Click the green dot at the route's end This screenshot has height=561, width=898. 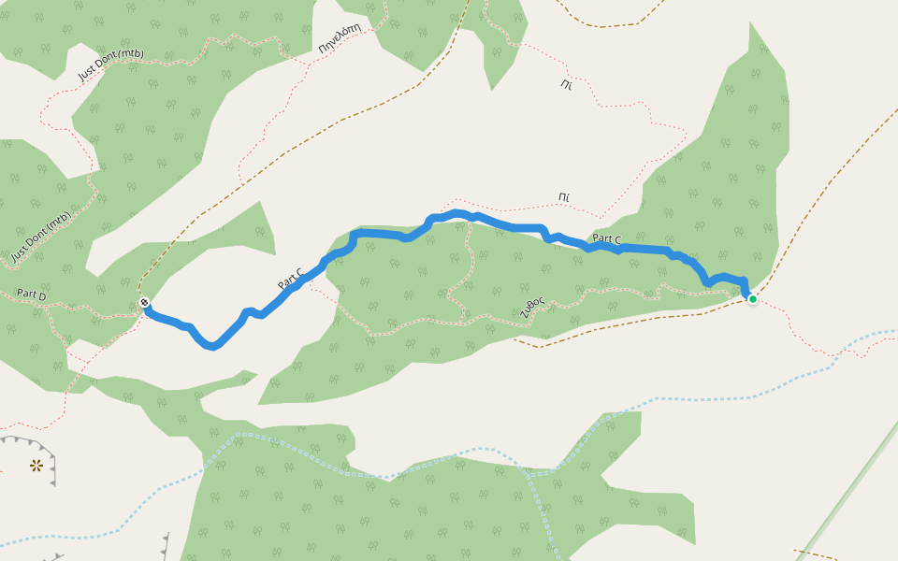click(752, 299)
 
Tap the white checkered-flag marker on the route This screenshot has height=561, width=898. click(144, 302)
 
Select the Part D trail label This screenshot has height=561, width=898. click(31, 295)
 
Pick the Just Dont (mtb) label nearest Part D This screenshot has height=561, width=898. click(41, 235)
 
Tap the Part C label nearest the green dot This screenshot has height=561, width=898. click(606, 239)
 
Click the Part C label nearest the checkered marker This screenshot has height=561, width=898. click(290, 279)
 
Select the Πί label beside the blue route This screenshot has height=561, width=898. click(563, 197)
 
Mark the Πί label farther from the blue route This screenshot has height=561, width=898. click(566, 85)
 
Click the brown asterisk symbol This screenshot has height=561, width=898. click(36, 465)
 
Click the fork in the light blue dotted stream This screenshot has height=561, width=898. click(534, 472)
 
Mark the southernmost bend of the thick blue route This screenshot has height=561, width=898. click(214, 347)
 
